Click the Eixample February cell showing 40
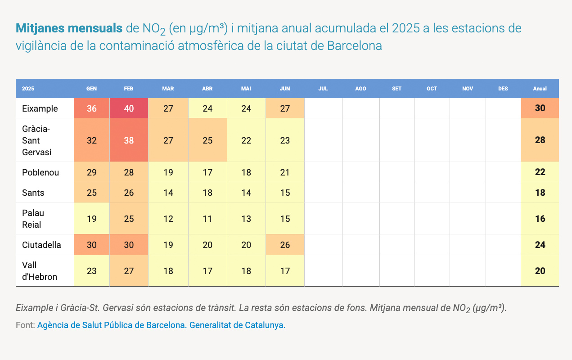click(x=129, y=108)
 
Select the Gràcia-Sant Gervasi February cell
click(x=129, y=140)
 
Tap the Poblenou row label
click(x=41, y=172)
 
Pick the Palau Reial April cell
click(x=207, y=219)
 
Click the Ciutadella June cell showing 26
click(x=285, y=245)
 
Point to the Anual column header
click(x=540, y=89)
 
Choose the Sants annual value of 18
click(x=540, y=193)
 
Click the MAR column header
click(x=168, y=89)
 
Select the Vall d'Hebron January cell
click(x=91, y=271)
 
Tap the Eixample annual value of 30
click(x=540, y=108)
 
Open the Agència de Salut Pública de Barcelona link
click(x=111, y=325)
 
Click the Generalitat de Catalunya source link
click(x=237, y=325)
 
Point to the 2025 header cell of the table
click(x=28, y=89)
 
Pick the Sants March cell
click(x=168, y=193)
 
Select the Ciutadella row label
click(x=41, y=245)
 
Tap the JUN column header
click(x=285, y=89)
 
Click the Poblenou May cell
click(x=246, y=172)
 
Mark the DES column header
click(x=503, y=89)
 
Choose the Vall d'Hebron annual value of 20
click(x=540, y=271)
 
